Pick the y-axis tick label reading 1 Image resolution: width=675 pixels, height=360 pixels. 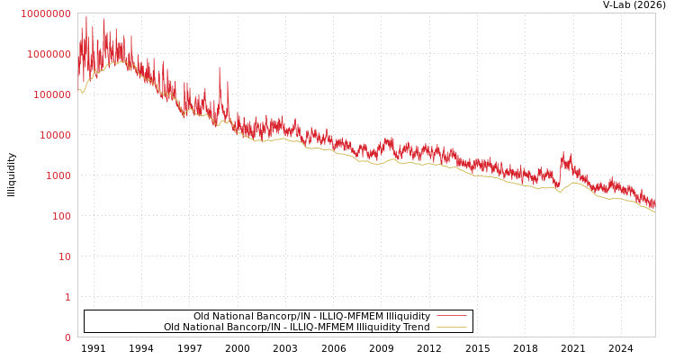pos(67,297)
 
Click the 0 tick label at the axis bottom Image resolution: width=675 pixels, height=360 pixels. pos(67,337)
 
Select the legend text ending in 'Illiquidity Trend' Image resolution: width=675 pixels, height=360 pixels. pos(296,327)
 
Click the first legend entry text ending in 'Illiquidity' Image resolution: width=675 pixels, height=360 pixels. pos(311,316)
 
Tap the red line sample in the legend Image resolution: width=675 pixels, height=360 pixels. pos(451,316)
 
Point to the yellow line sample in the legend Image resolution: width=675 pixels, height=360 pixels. pos(451,327)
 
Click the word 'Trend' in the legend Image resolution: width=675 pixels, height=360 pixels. pos(415,327)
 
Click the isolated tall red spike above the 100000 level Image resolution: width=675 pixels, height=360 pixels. pos(220,68)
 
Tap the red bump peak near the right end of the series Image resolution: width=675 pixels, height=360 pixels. pos(564,154)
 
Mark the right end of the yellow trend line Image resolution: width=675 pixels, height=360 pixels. pos(654,211)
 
